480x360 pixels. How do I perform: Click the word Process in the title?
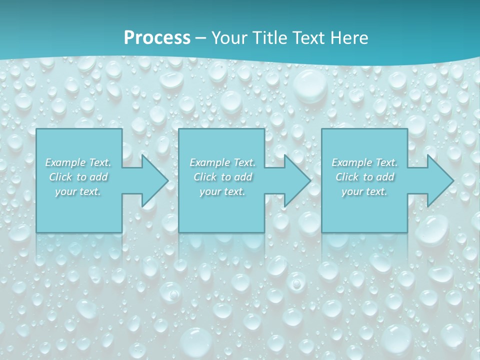(157, 38)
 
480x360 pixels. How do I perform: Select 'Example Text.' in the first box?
(78, 162)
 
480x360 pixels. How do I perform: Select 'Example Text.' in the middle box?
(222, 162)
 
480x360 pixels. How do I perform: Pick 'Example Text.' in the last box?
(364, 162)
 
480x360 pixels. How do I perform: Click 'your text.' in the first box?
(78, 191)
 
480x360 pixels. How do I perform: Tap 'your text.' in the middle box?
(222, 191)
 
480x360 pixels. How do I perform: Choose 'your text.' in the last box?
(364, 191)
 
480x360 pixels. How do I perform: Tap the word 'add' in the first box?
(99, 177)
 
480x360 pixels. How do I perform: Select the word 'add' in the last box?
(385, 177)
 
